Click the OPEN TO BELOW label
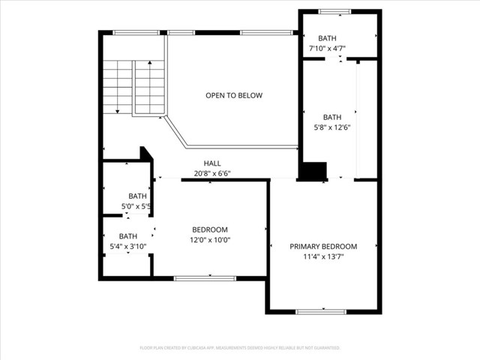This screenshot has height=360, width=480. click(x=234, y=95)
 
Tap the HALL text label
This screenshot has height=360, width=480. click(x=212, y=163)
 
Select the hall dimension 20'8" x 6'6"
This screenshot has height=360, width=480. click(x=212, y=173)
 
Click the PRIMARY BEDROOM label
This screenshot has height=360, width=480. click(x=323, y=246)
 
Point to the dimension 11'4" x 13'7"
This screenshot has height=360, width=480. click(x=323, y=256)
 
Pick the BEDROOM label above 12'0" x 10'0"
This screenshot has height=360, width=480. click(x=210, y=229)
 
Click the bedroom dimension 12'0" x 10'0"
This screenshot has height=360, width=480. click(x=210, y=240)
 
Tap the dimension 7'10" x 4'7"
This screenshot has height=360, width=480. click(x=327, y=49)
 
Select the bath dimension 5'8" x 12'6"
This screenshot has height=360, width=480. click(x=332, y=127)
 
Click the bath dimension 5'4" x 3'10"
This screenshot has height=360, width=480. click(x=127, y=246)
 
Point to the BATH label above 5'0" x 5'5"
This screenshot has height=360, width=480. click(x=137, y=196)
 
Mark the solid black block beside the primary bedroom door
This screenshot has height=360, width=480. click(x=313, y=171)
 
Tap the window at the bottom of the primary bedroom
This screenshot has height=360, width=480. click(x=320, y=311)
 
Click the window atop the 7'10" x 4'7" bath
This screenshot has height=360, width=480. click(x=334, y=11)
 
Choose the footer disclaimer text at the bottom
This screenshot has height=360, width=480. click(x=240, y=348)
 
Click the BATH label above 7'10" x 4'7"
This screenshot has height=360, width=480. click(x=327, y=38)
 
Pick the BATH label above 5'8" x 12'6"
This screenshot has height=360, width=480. click(x=332, y=117)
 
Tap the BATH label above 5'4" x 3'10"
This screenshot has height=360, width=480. click(x=127, y=236)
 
